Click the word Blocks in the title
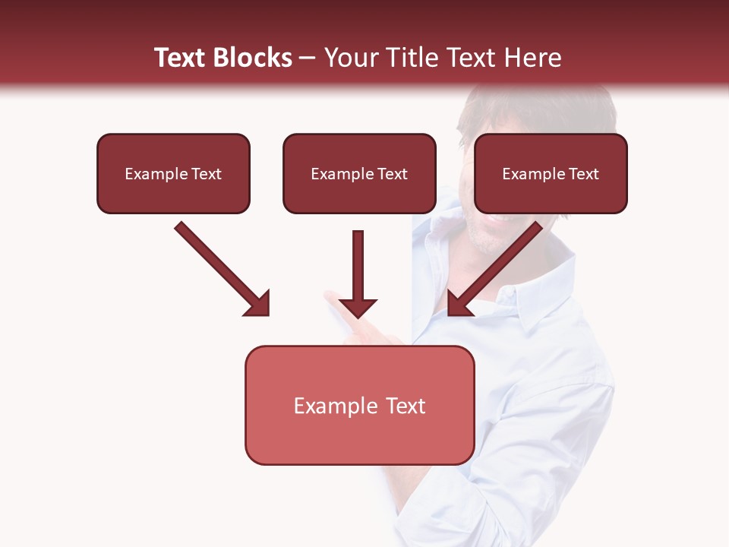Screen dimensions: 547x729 click(x=252, y=58)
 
